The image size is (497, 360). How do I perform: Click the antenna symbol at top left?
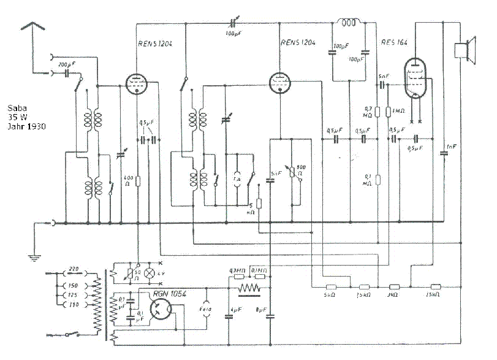[x=34, y=27]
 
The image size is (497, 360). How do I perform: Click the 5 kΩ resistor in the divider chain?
[x=332, y=287]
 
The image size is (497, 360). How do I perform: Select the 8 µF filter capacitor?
[x=270, y=316]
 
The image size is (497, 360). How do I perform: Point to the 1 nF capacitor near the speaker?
[x=443, y=153]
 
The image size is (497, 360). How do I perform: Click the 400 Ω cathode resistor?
[x=138, y=182]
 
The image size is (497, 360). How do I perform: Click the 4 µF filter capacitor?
[x=229, y=316]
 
